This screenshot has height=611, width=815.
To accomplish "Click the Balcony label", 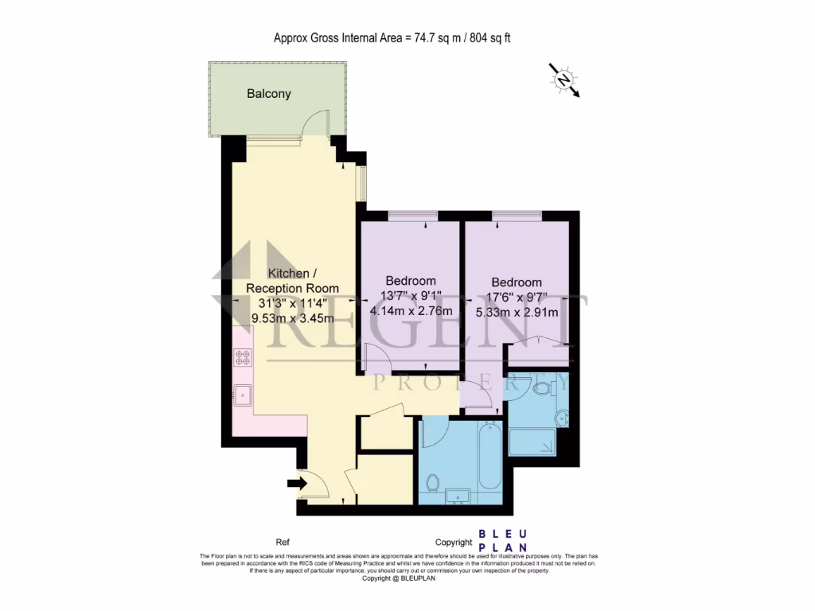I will coord(268,94).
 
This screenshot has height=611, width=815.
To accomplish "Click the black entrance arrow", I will coord(297,482).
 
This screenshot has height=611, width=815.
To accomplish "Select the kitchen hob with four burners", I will coord(242,358).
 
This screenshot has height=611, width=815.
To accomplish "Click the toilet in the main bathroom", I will coord(434,482).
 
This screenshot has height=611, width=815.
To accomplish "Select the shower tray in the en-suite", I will coord(532,442).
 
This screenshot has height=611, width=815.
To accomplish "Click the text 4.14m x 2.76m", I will coord(411,311).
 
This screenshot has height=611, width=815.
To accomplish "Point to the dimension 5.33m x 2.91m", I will coord(517,313).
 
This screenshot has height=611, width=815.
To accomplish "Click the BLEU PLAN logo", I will coord(503,541).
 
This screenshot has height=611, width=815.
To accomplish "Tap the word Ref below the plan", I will coord(283,542).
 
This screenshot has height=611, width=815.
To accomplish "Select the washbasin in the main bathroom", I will coord(458,496).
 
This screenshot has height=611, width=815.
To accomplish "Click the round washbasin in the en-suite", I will coord(563,416).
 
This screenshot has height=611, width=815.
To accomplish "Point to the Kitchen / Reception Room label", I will coord(292,281).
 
